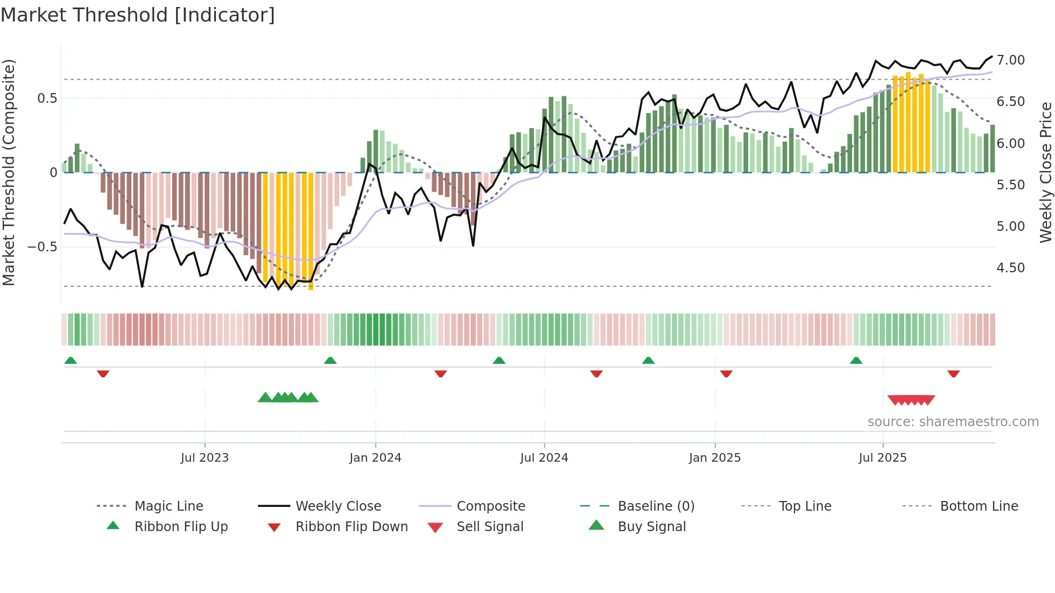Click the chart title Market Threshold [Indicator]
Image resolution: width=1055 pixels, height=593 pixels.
138,15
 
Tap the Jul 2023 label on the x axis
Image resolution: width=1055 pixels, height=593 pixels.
205,458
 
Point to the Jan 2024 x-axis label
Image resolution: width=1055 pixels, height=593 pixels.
375,458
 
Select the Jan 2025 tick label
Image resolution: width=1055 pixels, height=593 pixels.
715,458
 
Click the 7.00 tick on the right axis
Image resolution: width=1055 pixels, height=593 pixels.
1010,60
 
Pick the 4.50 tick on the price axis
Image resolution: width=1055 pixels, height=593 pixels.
1010,268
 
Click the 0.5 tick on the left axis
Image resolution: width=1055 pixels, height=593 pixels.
47,98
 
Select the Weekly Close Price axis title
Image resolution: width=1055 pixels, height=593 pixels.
1045,172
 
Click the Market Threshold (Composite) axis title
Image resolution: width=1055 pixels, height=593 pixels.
9,172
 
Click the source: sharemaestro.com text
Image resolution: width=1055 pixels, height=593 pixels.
953,422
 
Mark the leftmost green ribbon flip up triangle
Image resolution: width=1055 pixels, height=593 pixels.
71,361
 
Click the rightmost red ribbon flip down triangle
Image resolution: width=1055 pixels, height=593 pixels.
953,373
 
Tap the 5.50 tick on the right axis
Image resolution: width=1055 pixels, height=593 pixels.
1010,185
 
